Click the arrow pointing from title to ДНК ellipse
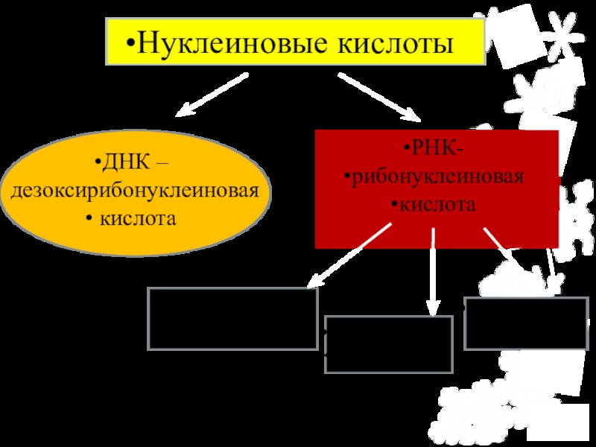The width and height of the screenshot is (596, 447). pos(212,95)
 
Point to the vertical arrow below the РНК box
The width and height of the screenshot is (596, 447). pos(432,272)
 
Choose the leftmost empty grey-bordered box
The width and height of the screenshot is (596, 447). pos(233,318)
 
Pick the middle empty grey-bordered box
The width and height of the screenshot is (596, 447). pos(389,343)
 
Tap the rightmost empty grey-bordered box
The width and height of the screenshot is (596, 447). pos(525,323)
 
